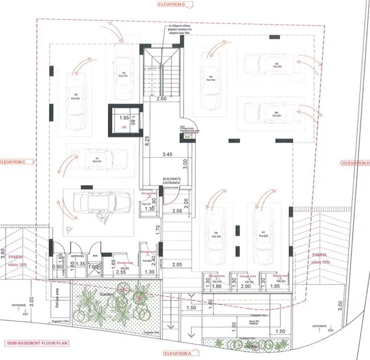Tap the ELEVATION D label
355,163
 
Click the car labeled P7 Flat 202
263,233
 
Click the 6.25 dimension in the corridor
146,141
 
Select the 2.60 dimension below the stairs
161,99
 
